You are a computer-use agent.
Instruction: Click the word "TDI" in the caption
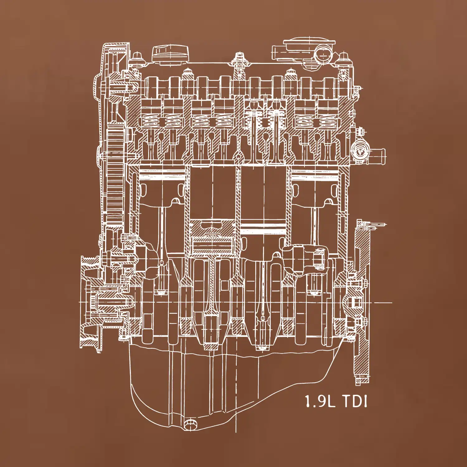(355, 401)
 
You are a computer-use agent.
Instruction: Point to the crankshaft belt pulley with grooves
(89, 304)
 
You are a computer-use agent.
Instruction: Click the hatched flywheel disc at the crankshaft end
(361, 311)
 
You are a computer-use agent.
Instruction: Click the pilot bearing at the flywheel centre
(355, 302)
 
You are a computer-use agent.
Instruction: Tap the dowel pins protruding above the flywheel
(374, 224)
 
